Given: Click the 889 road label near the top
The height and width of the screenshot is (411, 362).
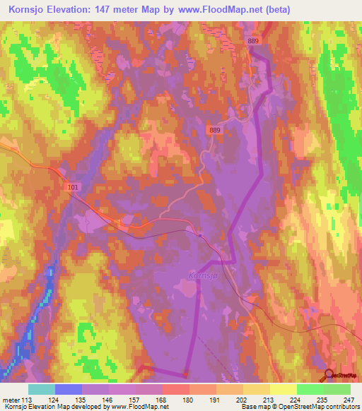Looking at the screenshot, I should pyautogui.click(x=254, y=42).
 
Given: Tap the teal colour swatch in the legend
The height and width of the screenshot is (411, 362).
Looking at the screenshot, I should pyautogui.click(x=41, y=389).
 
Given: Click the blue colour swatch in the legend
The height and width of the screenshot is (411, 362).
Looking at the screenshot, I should pyautogui.click(x=68, y=389).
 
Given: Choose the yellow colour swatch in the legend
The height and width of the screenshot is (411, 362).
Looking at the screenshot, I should pyautogui.click(x=283, y=389).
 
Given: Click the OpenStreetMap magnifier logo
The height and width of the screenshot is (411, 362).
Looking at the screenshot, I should pyautogui.click(x=329, y=376).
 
